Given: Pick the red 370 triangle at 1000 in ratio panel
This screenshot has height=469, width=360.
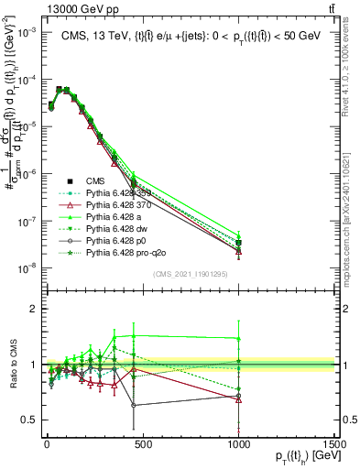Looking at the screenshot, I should [239, 398].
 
